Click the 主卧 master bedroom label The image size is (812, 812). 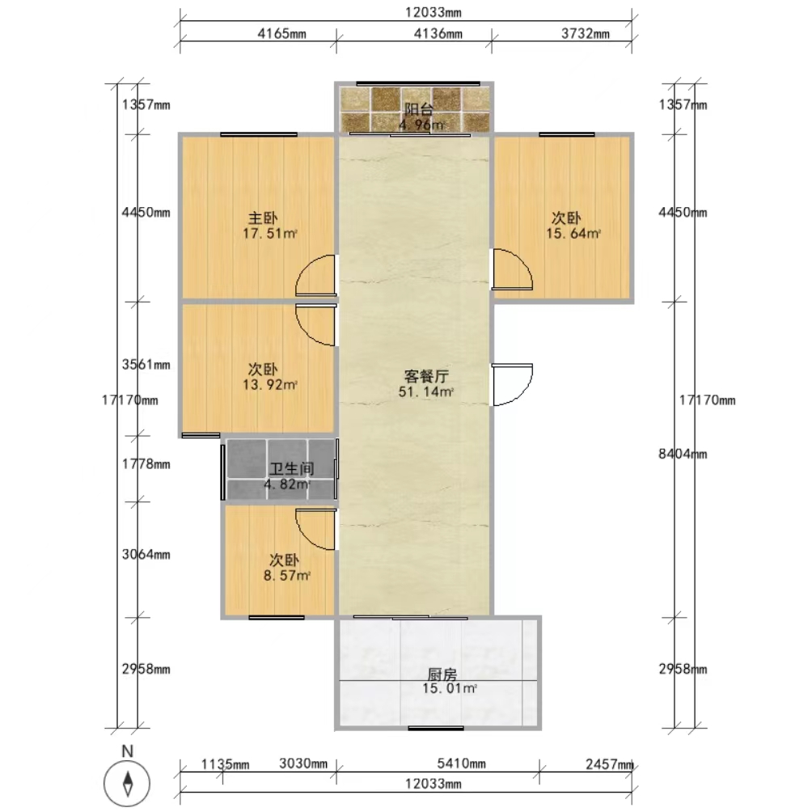(263, 218)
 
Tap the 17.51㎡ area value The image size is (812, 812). (270, 234)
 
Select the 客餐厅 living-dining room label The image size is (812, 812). (425, 377)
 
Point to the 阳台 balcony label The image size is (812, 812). (418, 109)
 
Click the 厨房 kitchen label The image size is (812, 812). (442, 675)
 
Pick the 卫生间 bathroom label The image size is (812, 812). (291, 468)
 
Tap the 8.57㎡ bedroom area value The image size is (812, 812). (287, 575)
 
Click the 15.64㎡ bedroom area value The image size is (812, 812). (573, 234)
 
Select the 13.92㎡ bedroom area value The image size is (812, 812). (270, 385)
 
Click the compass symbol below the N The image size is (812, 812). (127, 783)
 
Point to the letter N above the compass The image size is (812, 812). (127, 751)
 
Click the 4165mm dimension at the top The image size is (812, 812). (281, 34)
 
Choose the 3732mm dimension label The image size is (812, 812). (586, 34)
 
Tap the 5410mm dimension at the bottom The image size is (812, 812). (462, 763)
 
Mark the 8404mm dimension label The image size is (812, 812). (683, 455)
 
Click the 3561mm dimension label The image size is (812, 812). (146, 365)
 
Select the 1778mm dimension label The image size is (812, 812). (146, 464)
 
